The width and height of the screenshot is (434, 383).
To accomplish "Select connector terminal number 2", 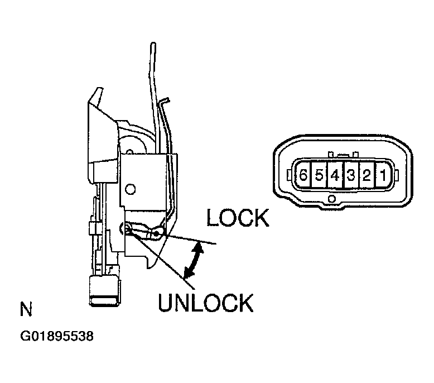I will [367, 175].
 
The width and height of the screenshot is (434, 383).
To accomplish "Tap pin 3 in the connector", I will [351, 175].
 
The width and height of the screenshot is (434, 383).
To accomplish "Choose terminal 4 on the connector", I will [335, 175].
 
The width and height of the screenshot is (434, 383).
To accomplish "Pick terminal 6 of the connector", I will [303, 175].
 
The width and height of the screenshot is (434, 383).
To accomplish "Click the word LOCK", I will [238, 218].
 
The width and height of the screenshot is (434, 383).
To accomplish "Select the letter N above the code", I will [26, 309].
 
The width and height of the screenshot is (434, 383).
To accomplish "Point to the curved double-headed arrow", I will [193, 260].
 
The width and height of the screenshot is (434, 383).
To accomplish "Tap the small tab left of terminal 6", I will [289, 175].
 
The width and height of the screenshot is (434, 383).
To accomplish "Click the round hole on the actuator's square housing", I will [130, 189].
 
